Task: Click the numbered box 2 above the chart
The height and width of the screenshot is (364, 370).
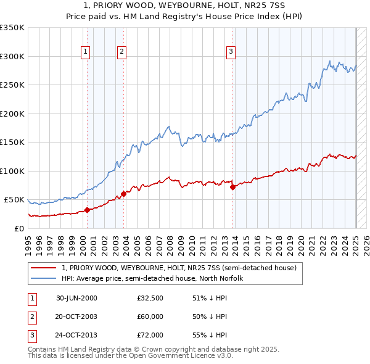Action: click(x=122, y=52)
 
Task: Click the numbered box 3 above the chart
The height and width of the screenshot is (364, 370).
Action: click(x=231, y=52)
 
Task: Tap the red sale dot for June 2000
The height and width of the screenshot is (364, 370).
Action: click(x=87, y=210)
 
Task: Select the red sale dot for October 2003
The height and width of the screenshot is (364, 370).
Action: click(x=123, y=194)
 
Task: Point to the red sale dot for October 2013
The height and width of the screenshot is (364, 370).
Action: click(x=232, y=187)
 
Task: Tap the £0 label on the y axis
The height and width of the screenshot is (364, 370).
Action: click(x=18, y=228)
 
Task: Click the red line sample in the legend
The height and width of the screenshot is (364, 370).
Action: click(x=43, y=268)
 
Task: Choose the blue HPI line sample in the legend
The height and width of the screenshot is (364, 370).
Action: click(x=43, y=278)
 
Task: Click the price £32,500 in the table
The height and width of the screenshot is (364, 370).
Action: click(x=150, y=298)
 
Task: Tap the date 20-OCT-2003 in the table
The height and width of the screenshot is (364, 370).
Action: click(x=76, y=316)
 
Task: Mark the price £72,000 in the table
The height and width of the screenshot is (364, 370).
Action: click(x=150, y=335)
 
